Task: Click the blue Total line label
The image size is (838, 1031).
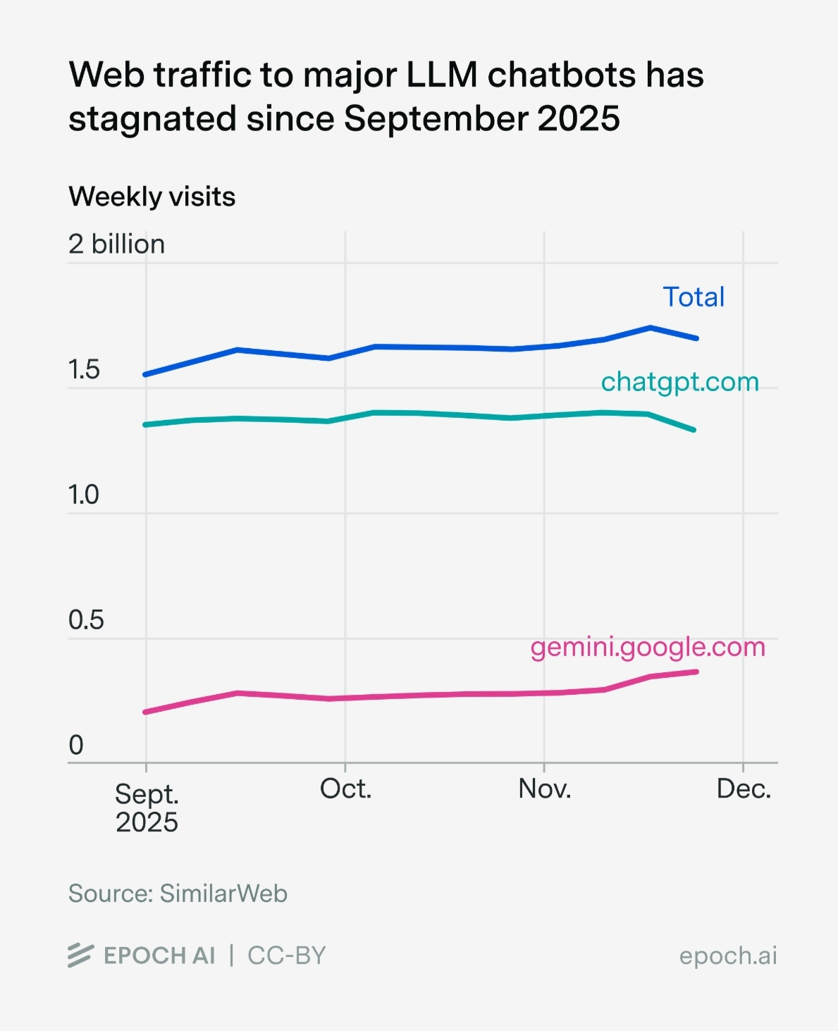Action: point(694,297)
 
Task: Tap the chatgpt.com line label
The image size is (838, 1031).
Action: point(679,382)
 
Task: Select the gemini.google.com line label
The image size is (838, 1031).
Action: point(648,647)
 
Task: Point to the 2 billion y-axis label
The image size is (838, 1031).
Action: point(116,245)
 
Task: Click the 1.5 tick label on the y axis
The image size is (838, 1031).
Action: point(84,370)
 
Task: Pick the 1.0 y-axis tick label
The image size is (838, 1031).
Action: point(84,495)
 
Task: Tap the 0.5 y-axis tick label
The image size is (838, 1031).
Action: point(85,620)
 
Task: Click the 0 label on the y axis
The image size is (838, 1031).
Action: point(76,745)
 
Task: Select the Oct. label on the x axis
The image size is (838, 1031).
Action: point(345,789)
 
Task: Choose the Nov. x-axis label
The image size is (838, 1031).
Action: point(544,789)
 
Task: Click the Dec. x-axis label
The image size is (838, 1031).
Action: point(744,789)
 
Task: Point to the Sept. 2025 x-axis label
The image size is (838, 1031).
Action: point(147,808)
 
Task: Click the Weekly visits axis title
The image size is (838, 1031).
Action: point(152,197)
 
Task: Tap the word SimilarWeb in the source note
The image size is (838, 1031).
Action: point(223,894)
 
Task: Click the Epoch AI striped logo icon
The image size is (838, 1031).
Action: point(80,956)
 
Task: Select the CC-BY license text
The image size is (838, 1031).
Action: point(287,956)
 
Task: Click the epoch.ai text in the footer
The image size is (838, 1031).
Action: point(727,956)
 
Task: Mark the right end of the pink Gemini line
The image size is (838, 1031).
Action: point(696,672)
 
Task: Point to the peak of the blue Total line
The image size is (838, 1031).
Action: point(651,328)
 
